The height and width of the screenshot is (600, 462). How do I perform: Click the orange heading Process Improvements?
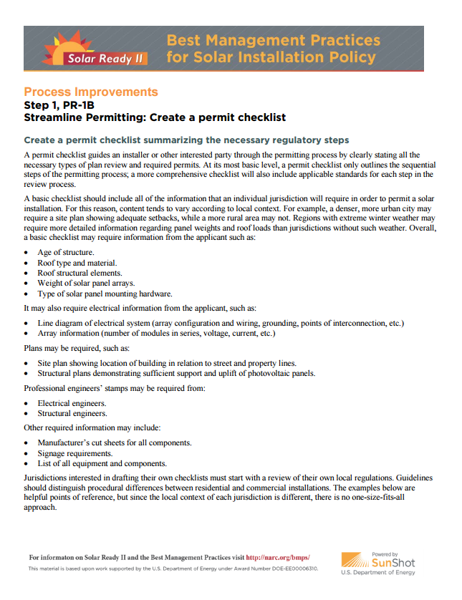pos(90,92)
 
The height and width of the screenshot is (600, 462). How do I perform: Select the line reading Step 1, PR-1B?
pos(59,105)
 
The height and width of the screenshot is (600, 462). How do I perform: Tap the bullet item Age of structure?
pos(66,253)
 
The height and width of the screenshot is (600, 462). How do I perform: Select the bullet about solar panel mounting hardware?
pos(105,294)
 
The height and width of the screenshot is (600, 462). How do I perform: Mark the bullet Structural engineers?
pos(72,413)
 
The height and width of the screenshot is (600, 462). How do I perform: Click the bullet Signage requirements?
pos(75,453)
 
